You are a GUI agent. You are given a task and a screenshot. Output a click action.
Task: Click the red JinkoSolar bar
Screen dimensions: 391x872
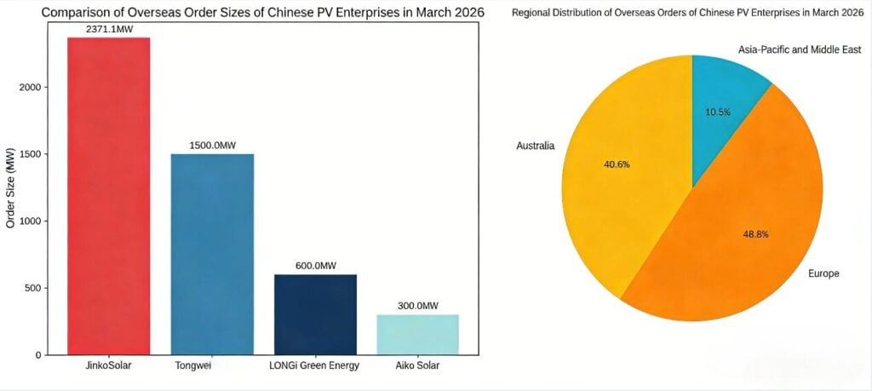click(x=108, y=196)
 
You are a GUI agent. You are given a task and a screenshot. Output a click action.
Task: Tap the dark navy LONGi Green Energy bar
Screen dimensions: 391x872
click(x=315, y=314)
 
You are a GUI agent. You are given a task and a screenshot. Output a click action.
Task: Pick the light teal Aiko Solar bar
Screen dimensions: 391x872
click(x=417, y=334)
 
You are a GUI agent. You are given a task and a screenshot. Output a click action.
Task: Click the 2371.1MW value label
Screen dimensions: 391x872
click(x=109, y=29)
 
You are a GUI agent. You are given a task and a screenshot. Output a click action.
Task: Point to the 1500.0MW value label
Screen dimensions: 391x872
click(x=212, y=146)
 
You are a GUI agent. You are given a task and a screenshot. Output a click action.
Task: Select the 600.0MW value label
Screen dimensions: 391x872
click(x=315, y=266)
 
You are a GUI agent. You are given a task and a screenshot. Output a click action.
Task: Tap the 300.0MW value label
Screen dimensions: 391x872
click(x=417, y=306)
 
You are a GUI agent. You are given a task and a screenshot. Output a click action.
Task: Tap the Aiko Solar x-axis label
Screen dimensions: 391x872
click(x=417, y=366)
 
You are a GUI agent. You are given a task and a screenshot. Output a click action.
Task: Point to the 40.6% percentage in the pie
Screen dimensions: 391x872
click(x=616, y=164)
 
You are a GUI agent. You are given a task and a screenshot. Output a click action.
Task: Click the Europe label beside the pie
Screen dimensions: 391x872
click(x=823, y=273)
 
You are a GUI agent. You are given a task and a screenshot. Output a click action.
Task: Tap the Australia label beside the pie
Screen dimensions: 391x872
click(x=535, y=146)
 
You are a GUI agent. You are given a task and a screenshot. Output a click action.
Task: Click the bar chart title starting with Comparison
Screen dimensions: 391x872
click(x=262, y=13)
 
